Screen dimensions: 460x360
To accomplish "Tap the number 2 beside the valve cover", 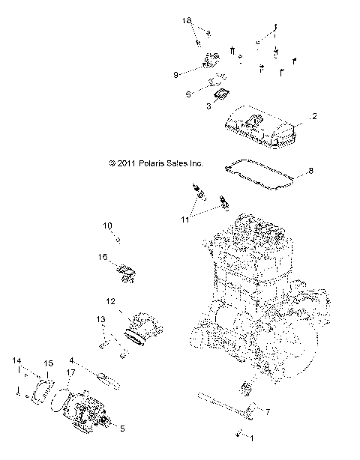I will [x=315, y=116].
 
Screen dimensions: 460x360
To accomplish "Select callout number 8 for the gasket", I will [x=311, y=170].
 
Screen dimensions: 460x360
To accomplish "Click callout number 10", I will [x=107, y=225].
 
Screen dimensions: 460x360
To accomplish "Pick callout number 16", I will [x=102, y=257].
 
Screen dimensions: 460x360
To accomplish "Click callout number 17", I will [x=71, y=372].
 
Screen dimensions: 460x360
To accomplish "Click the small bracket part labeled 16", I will [x=124, y=272].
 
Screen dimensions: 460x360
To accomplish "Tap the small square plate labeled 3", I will [x=221, y=94].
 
